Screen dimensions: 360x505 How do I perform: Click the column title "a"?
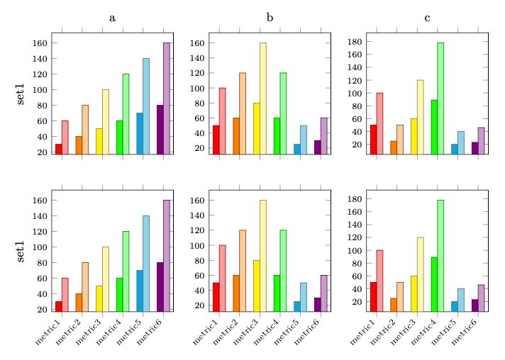pos(112,18)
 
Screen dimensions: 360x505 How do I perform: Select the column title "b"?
pos(270,18)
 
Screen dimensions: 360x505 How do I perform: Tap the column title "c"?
pos(427,18)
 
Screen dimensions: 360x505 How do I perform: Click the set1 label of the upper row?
pos(21,93)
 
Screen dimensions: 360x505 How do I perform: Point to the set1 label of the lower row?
pos(21,250)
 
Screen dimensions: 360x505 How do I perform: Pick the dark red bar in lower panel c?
pos(373,297)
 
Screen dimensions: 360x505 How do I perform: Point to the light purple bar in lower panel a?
pos(167,256)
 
